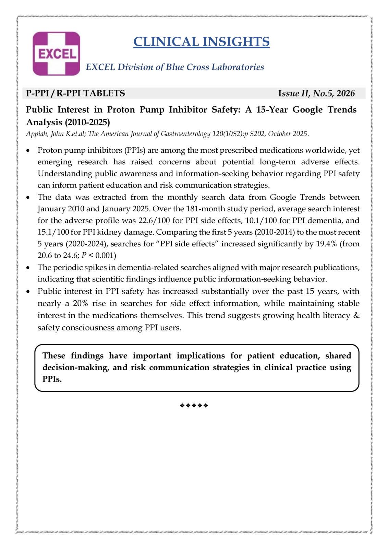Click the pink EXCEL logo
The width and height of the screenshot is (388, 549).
click(57, 54)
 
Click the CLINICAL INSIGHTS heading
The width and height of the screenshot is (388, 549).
click(201, 42)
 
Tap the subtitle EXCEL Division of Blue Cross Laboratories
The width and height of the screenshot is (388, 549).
click(175, 67)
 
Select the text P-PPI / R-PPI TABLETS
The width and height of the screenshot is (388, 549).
click(75, 93)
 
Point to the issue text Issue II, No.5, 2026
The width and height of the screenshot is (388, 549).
click(316, 93)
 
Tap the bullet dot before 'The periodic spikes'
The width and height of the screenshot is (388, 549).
click(28, 268)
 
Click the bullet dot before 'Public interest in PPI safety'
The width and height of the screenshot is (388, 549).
click(28, 292)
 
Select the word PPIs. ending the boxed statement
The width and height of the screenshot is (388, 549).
click(52, 379)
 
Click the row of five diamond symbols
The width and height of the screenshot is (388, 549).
click(194, 406)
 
